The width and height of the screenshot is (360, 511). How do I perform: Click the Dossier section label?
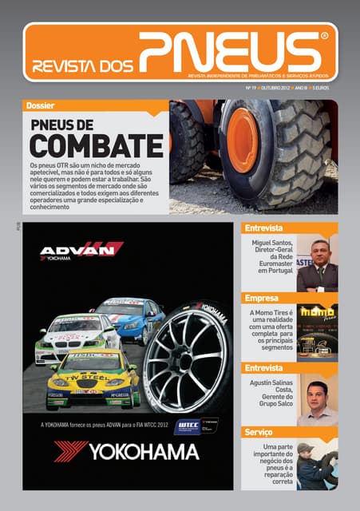coord(41,106)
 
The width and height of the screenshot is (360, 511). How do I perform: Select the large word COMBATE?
coord(95,146)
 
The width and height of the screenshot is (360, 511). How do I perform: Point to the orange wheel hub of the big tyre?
coord(243,141)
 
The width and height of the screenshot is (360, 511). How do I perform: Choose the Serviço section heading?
coord(260,432)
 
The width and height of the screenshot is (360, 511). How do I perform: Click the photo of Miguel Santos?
coord(318,264)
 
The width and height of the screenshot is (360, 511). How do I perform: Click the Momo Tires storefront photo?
coord(318,329)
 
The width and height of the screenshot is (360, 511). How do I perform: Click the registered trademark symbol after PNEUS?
coord(323,37)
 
